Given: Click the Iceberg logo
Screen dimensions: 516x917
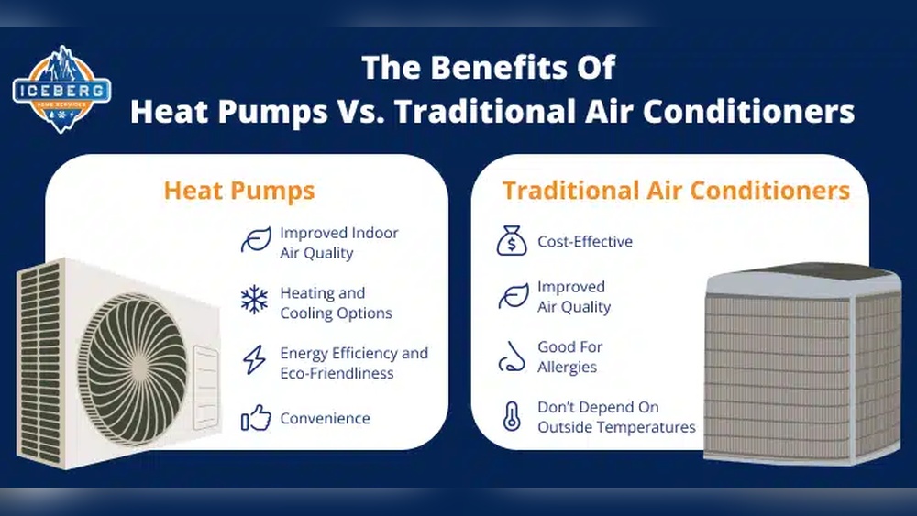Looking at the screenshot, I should (x=61, y=90).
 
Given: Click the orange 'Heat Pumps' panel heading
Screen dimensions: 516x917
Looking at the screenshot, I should (x=239, y=191).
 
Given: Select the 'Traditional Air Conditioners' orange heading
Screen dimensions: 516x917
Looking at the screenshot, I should (x=676, y=191).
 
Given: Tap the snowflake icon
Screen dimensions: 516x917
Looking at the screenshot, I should (x=254, y=301).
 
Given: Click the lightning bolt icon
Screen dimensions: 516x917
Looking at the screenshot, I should (x=253, y=361).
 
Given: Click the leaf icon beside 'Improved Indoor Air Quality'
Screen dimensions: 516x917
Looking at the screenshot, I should (x=255, y=241).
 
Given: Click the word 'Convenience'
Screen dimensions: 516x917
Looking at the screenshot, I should (x=325, y=419).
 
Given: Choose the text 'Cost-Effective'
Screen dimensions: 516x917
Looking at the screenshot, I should (x=585, y=242).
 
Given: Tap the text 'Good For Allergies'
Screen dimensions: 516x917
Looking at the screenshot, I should (x=569, y=357).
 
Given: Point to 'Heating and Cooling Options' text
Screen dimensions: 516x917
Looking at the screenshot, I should (x=336, y=302).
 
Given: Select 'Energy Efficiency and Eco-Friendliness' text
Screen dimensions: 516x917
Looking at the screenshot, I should (x=353, y=363).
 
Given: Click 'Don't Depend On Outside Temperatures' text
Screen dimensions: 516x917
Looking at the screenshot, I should (x=616, y=417).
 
